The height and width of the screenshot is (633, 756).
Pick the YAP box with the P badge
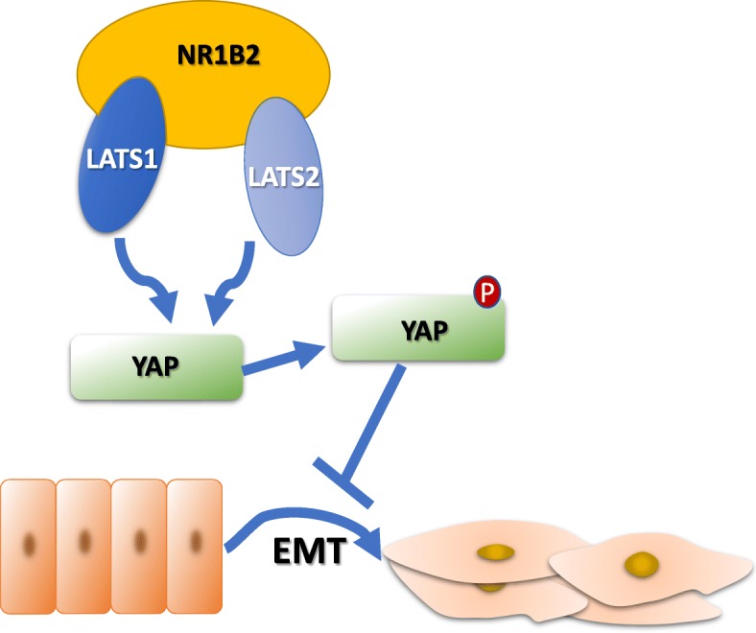[x=417, y=330]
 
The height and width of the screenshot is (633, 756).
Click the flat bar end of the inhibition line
[x=343, y=481]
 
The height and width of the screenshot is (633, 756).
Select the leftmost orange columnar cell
[x=28, y=543]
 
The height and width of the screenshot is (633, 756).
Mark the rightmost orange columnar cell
[x=195, y=543]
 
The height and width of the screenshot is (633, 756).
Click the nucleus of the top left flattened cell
[x=496, y=552]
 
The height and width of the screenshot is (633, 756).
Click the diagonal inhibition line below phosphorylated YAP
[x=378, y=428]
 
